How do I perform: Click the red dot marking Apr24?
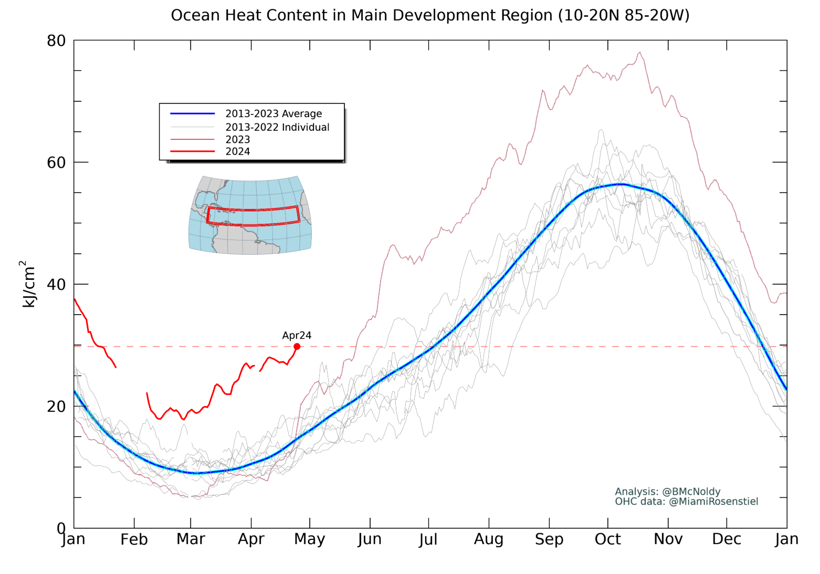tap(297, 346)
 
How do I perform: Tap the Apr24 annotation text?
tap(297, 335)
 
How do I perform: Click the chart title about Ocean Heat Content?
tap(430, 15)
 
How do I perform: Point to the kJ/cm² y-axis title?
tap(27, 284)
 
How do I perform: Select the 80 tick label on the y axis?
tap(56, 40)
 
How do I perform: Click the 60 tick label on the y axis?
tap(56, 162)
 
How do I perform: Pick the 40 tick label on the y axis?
tap(56, 284)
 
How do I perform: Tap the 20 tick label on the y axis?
tap(56, 406)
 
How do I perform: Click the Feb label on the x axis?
tap(134, 539)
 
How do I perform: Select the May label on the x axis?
tap(310, 539)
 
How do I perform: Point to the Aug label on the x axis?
tap(489, 539)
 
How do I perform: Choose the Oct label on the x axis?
tap(608, 539)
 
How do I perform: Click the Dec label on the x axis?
tap(727, 539)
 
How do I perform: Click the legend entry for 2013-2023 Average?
tap(274, 113)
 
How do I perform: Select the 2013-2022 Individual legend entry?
tap(277, 127)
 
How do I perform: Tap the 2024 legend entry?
tap(238, 151)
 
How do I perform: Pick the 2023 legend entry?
tap(238, 139)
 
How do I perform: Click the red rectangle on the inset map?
tap(253, 216)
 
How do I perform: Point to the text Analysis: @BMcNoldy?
tap(668, 492)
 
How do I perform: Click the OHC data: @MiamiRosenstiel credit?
tap(687, 502)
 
